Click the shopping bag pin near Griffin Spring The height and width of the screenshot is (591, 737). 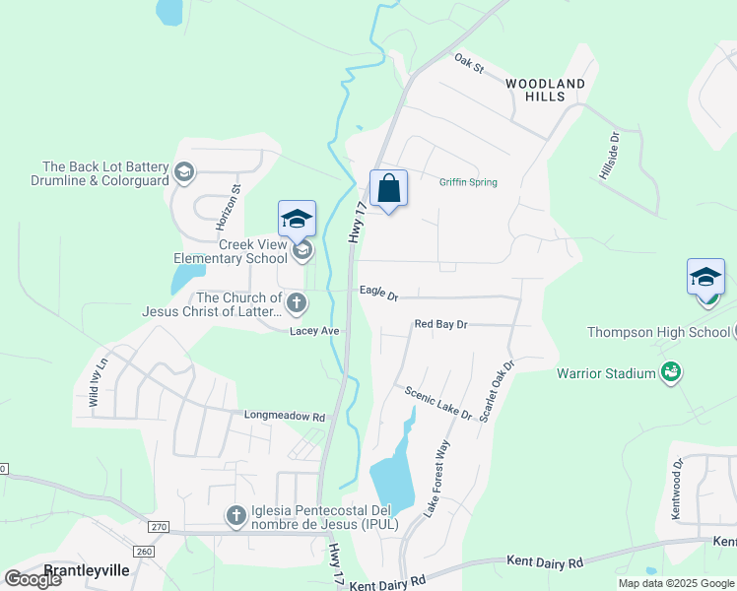389,188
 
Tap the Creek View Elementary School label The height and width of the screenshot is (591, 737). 231,252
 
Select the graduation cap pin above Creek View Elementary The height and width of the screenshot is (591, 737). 296,220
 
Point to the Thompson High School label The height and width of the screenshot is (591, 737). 658,332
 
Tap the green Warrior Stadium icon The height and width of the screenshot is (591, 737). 671,372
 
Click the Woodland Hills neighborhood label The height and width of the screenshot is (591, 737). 546,90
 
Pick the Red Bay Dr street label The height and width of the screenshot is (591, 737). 440,324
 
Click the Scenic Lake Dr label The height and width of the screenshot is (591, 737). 438,403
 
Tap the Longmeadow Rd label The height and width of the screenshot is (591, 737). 284,417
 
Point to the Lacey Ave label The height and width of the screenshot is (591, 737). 314,331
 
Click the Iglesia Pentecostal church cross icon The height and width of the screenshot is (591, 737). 235,515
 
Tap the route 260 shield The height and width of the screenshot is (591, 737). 145,552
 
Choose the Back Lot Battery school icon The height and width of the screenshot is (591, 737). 183,173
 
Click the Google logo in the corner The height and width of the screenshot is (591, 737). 33,579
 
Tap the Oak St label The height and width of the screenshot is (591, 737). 470,64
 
